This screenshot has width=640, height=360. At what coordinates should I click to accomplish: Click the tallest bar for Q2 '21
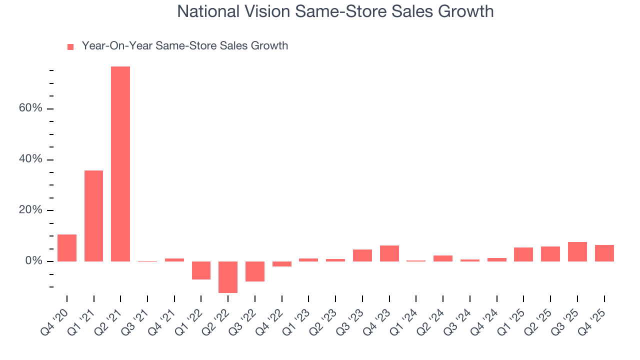pyautogui.click(x=120, y=164)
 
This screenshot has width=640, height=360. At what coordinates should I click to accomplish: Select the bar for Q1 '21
pyautogui.click(x=93, y=216)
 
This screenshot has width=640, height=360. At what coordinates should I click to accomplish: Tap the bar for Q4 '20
pyautogui.click(x=67, y=248)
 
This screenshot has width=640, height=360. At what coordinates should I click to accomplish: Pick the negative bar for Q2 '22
pyautogui.click(x=228, y=277)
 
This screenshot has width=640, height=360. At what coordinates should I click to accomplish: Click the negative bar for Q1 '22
pyautogui.click(x=201, y=270)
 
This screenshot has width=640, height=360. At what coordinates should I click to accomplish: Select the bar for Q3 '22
pyautogui.click(x=255, y=271)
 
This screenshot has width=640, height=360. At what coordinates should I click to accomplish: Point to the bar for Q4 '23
pyautogui.click(x=389, y=253)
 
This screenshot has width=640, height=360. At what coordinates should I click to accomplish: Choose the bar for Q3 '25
pyautogui.click(x=577, y=252)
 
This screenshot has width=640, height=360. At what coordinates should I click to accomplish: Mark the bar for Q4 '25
pyautogui.click(x=604, y=253)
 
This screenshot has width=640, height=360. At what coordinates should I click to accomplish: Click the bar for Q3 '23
pyautogui.click(x=362, y=255)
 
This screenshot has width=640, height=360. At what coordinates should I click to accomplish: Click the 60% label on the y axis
pyautogui.click(x=31, y=108)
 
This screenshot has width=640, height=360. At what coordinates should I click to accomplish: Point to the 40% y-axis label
pyautogui.click(x=31, y=159)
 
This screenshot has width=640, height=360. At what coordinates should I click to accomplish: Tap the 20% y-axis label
pyautogui.click(x=31, y=210)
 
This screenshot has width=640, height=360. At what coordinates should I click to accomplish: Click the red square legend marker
pyautogui.click(x=70, y=46)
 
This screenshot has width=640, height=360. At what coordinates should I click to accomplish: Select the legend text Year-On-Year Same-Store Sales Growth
pyautogui.click(x=185, y=46)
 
